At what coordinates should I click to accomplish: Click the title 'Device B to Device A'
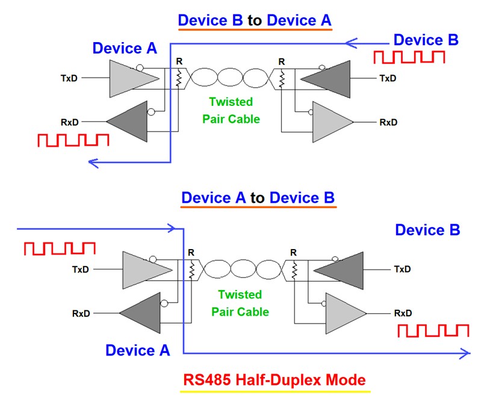point(255,20)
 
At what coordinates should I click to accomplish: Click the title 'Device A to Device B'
point(258,197)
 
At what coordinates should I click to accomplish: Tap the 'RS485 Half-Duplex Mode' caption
point(274,380)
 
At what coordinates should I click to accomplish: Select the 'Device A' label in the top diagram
point(125,48)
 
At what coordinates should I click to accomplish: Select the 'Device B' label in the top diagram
point(426,40)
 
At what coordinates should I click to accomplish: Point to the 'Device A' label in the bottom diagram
point(137,350)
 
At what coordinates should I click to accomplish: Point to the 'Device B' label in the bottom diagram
point(427,230)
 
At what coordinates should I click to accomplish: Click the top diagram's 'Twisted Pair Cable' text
point(231,110)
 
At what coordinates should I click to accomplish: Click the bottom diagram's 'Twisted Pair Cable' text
point(240,303)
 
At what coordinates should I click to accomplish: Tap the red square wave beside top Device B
point(409,57)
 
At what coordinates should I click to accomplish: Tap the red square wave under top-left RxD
point(73,140)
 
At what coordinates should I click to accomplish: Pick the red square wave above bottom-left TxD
point(59,248)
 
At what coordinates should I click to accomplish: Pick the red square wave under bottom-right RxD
point(433,330)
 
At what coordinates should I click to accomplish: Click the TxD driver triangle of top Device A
point(129,78)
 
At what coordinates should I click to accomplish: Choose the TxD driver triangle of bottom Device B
point(340,269)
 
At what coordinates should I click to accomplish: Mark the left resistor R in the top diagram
point(179,78)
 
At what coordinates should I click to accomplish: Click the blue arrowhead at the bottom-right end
point(465,354)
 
